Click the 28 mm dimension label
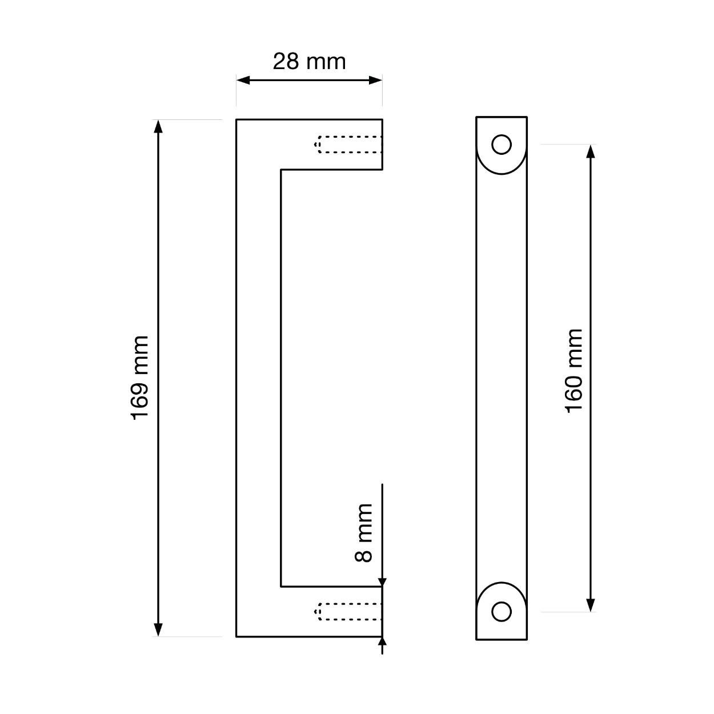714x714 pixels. coord(309,62)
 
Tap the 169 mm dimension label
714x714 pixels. coord(140,378)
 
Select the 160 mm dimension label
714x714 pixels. coord(573,371)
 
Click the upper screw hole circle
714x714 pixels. coord(502,144)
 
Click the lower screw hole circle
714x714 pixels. coord(502,612)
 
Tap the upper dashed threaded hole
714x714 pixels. coord(348,145)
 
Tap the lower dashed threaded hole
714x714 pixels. coord(348,612)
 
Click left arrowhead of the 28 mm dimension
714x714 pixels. coord(243,80)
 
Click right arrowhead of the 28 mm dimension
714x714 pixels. coord(375,80)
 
